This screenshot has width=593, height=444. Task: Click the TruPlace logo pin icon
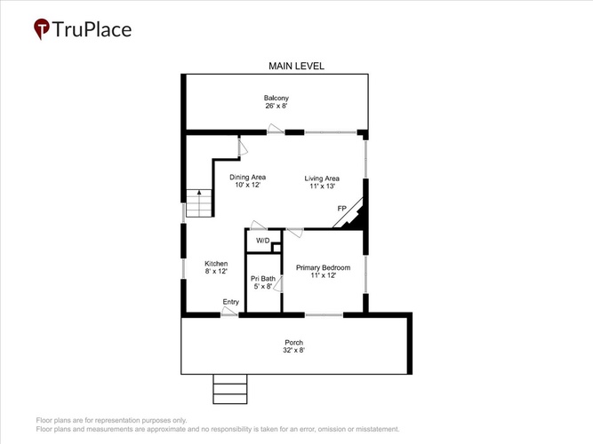click(x=42, y=28)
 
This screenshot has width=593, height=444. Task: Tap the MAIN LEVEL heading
click(x=296, y=66)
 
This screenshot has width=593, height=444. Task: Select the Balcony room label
click(x=276, y=98)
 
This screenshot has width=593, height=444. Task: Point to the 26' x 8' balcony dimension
click(x=276, y=106)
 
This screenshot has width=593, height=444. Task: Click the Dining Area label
click(x=248, y=177)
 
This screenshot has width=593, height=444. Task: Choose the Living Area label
click(x=322, y=178)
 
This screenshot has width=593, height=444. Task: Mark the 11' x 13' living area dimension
click(x=322, y=186)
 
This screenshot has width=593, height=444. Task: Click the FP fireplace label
click(x=342, y=208)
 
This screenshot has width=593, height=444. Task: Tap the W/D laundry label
click(x=263, y=241)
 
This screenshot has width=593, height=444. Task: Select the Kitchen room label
click(x=216, y=264)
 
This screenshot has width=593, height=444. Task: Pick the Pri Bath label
click(x=263, y=279)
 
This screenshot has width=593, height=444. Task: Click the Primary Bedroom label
click(x=323, y=267)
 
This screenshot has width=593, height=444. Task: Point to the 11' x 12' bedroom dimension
click(x=323, y=275)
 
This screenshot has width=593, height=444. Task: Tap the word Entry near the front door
click(x=230, y=302)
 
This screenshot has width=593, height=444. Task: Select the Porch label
click(x=294, y=343)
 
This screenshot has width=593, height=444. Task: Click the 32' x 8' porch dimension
click(x=294, y=350)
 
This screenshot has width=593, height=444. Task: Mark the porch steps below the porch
click(x=230, y=389)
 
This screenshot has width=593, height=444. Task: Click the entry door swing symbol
click(x=229, y=311)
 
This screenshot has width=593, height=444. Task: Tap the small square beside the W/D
click(x=276, y=248)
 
